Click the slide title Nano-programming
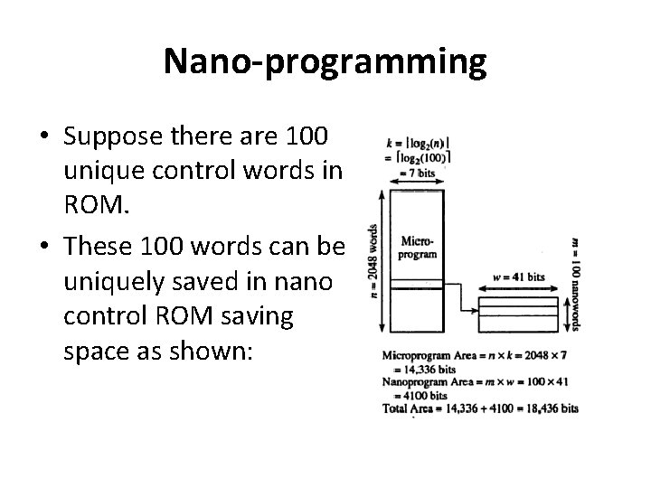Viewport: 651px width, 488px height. coord(325,61)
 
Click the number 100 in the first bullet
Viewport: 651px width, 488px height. coord(308,137)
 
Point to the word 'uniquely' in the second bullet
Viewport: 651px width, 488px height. coord(106,283)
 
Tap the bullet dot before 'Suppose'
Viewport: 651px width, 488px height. coord(43,138)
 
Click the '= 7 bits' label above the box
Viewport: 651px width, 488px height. coord(417,172)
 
